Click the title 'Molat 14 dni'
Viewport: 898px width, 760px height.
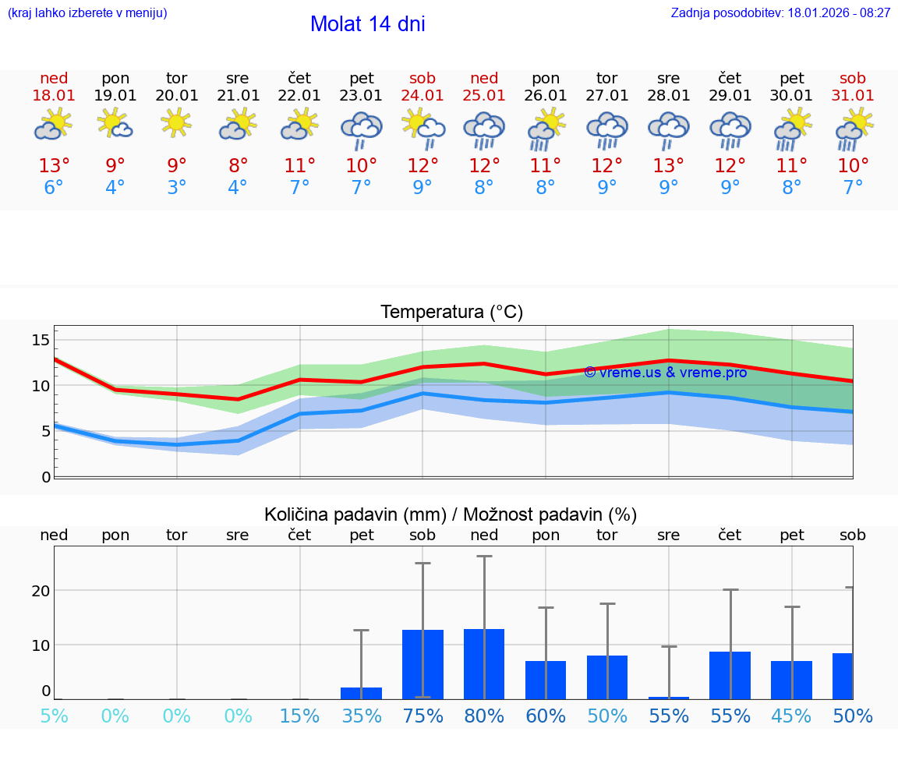coord(367,24)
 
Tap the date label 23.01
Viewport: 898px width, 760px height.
coord(361,96)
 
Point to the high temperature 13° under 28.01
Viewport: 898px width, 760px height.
coord(668,166)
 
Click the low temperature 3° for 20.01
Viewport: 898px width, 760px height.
coord(176,188)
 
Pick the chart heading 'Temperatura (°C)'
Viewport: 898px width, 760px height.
coord(451,313)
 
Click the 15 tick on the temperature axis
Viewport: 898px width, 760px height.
coord(41,340)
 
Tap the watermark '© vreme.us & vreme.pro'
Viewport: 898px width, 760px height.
coord(665,373)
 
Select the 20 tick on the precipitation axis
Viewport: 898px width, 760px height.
coord(41,591)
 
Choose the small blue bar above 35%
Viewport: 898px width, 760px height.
coord(361,693)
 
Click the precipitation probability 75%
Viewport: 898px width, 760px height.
coord(422,716)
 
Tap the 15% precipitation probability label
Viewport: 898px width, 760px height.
coord(299,716)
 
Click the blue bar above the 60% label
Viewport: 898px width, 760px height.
coord(546,680)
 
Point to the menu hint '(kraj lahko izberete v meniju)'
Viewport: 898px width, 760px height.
coord(87,13)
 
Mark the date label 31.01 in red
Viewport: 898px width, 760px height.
coord(853,96)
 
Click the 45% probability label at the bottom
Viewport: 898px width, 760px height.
coord(791,716)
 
